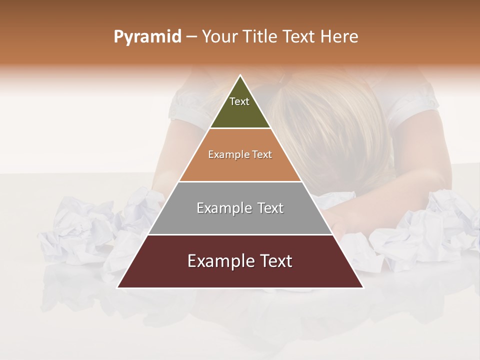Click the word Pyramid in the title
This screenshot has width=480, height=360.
pyautogui.click(x=147, y=37)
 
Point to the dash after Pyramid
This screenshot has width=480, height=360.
pyautogui.click(x=191, y=37)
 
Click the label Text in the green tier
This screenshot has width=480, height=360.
pyautogui.click(x=239, y=101)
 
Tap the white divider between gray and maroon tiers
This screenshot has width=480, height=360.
pyautogui.click(x=240, y=234)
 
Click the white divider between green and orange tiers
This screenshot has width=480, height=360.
pyautogui.click(x=240, y=128)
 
